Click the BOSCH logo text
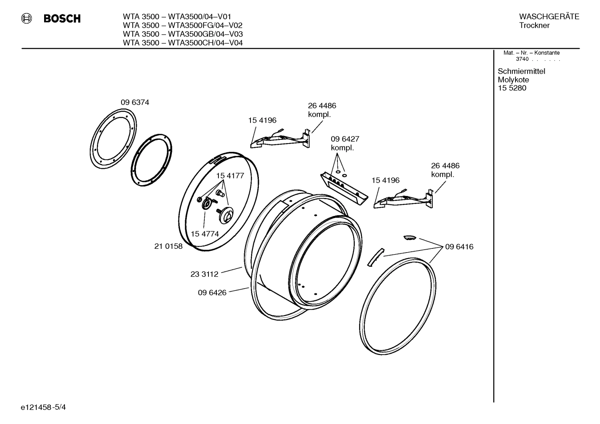pyautogui.click(x=62, y=19)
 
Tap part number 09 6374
pyautogui.click(x=135, y=102)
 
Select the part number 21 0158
pyautogui.click(x=169, y=246)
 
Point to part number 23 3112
pyautogui.click(x=204, y=274)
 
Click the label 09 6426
pyautogui.click(x=212, y=293)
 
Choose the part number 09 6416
pyautogui.click(x=459, y=247)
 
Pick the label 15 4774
pyautogui.click(x=205, y=234)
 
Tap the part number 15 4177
pyautogui.click(x=230, y=176)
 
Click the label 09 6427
pyautogui.click(x=345, y=139)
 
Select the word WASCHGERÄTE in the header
pyautogui.click(x=549, y=17)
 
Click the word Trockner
pyautogui.click(x=534, y=25)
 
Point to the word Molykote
pyautogui.click(x=513, y=80)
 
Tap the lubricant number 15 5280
pyautogui.click(x=512, y=88)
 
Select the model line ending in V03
pyautogui.click(x=183, y=34)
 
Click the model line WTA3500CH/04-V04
pyautogui.click(x=183, y=43)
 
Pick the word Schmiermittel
pyautogui.click(x=521, y=71)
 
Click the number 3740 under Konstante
pyautogui.click(x=522, y=59)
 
